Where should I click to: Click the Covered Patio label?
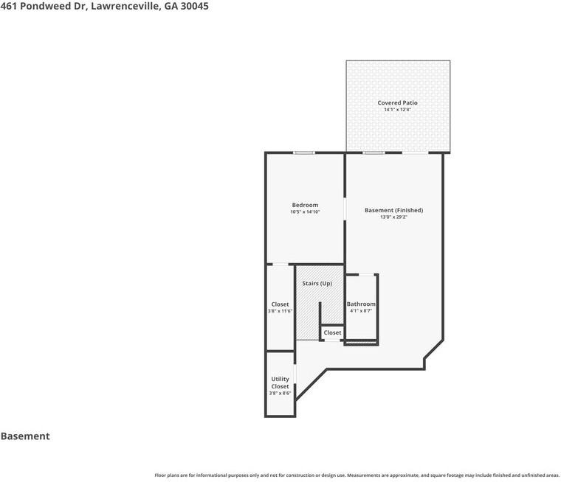(397, 103)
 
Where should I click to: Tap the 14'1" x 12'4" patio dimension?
(397, 109)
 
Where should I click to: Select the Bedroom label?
(305, 205)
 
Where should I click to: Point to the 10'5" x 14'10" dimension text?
(305, 212)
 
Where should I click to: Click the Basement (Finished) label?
(393, 210)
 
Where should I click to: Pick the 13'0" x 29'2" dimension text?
(393, 217)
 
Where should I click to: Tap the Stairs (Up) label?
(317, 283)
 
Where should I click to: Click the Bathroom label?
(361, 304)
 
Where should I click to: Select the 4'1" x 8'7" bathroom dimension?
(361, 311)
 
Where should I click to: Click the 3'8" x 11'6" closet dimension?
(280, 311)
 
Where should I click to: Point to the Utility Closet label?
(280, 383)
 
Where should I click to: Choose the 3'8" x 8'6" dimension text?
(280, 393)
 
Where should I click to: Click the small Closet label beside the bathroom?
(332, 332)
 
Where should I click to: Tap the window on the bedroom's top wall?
(304, 153)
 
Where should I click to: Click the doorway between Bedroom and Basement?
(345, 209)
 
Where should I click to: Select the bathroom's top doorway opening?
(366, 274)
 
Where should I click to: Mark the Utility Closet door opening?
(295, 374)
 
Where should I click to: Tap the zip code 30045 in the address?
(195, 6)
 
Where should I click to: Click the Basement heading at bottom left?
(25, 436)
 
